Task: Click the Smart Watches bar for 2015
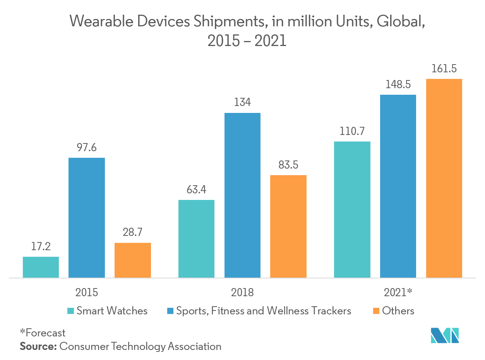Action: pos(41,267)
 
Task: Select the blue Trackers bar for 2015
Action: pos(87,218)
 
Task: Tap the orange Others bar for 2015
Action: pos(133,260)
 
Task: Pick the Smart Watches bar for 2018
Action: pos(196,239)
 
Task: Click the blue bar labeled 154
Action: pos(242,195)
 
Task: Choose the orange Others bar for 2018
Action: pos(288,226)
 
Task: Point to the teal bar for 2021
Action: pos(352,210)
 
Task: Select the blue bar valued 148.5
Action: pos(398,186)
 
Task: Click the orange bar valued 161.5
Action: pos(444,178)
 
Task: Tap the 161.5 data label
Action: pos(444,69)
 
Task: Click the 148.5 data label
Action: pos(398,85)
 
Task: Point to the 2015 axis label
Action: pos(87,292)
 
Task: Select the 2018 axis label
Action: pos(242,292)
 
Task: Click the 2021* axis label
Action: pos(398,292)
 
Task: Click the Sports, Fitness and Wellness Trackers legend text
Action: pos(264,311)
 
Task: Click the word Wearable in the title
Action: pos(100,22)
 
